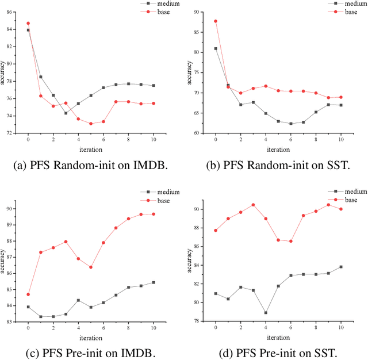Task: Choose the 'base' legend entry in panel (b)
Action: tap(351, 11)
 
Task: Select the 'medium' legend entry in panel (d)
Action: tap(351, 192)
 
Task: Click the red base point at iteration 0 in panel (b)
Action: tap(216, 21)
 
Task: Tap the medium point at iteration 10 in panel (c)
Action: tap(153, 282)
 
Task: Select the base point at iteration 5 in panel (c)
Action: tap(91, 267)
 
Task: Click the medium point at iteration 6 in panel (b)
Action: tap(290, 124)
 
